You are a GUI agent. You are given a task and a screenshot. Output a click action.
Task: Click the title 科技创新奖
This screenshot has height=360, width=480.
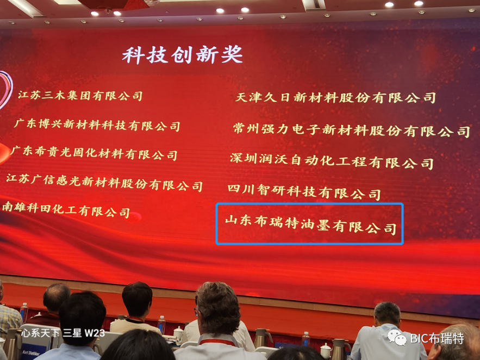point(182,55)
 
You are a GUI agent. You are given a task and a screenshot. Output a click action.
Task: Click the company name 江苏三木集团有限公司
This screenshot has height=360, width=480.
point(80,96)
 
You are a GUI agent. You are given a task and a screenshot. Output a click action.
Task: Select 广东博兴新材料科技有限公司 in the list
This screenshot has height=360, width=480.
point(97,125)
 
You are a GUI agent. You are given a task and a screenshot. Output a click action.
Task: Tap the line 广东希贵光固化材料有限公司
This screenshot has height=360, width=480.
point(94,153)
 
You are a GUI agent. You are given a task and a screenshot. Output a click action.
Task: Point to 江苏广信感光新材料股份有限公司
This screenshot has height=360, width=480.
point(104,182)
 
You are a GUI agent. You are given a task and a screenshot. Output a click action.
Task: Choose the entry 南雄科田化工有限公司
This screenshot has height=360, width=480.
point(66,209)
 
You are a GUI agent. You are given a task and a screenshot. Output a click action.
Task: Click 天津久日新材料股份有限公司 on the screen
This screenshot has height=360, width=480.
point(335,98)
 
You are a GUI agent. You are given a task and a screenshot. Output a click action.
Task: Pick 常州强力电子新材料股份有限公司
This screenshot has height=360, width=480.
point(351,130)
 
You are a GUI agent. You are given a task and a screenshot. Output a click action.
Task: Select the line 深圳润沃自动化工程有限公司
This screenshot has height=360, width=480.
point(332,161)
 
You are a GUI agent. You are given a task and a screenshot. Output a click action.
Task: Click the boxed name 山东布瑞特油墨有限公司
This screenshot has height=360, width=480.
point(310,224)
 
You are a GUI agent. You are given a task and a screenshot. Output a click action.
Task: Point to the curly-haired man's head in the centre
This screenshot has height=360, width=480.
point(217,308)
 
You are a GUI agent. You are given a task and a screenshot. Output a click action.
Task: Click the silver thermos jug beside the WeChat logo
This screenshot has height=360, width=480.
point(340,347)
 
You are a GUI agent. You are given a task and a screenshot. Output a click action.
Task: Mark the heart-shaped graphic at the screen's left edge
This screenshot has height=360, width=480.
point(5,90)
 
